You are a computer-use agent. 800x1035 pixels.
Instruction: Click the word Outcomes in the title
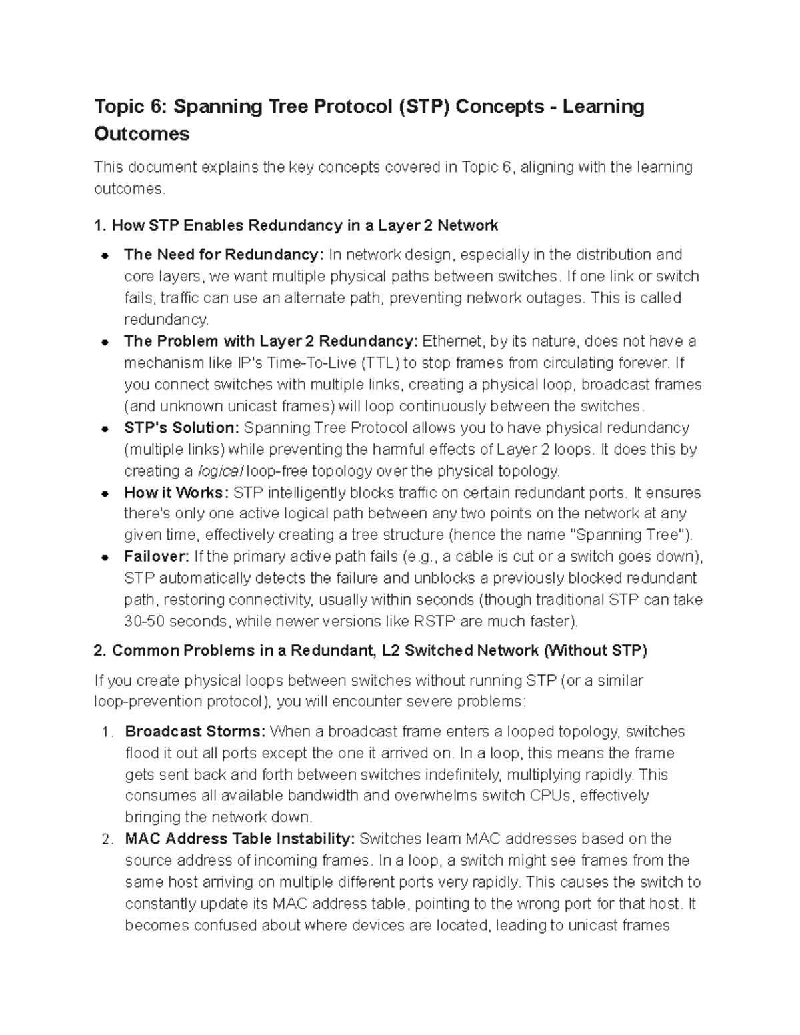point(141,134)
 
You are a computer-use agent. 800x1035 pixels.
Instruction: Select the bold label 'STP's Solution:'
point(181,427)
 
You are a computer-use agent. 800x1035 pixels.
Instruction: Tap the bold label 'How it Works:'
point(176,493)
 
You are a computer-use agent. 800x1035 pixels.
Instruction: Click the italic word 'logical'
point(221,471)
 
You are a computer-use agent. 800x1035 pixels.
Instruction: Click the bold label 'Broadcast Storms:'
point(195,732)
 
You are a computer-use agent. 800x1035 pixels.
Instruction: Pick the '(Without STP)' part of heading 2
point(595,651)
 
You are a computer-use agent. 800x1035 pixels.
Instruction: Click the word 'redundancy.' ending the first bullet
point(166,320)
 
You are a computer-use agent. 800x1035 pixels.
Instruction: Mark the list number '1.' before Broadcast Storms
point(107,732)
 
